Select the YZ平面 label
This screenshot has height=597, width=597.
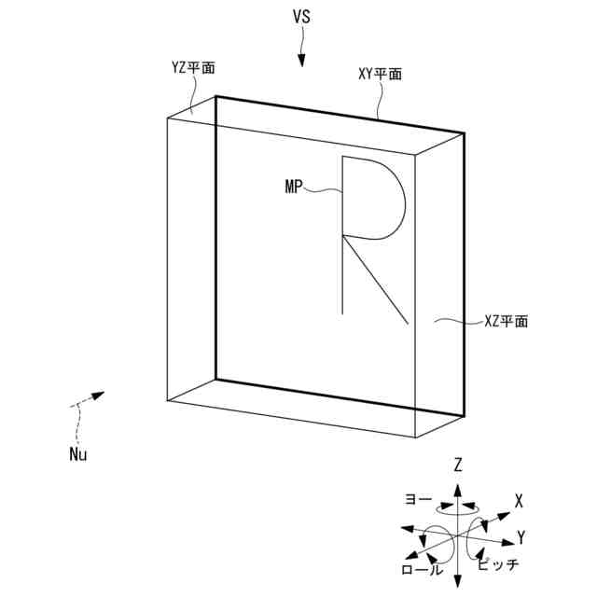point(192,67)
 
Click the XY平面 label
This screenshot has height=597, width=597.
point(380,74)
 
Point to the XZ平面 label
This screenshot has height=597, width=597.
point(506,322)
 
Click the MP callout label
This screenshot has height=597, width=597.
point(296,187)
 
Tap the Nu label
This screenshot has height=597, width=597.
point(81,455)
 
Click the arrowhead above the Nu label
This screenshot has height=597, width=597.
point(97,395)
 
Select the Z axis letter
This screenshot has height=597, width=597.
point(458,464)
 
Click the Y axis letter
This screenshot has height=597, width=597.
point(521,536)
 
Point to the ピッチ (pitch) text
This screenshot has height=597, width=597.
point(497,564)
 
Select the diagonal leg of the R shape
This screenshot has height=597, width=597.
point(376,279)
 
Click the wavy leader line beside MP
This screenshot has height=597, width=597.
point(326,189)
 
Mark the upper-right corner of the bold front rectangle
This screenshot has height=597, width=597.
point(464,133)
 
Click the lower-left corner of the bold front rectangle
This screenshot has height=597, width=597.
point(215,379)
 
